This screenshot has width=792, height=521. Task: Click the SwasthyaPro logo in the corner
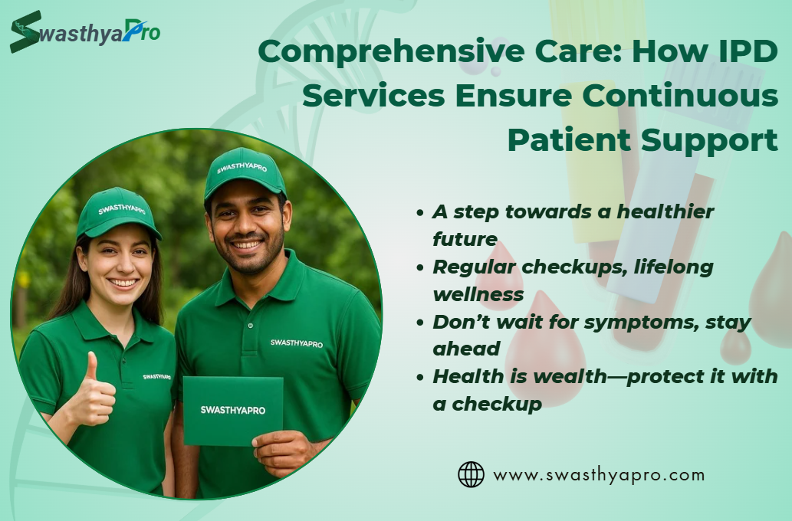click(85, 31)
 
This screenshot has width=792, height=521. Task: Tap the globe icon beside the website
click(471, 474)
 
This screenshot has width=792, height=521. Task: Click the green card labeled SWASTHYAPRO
click(233, 411)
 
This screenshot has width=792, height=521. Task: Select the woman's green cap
click(118, 212)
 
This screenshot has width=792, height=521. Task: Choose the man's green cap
click(245, 173)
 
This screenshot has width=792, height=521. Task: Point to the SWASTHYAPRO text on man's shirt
click(297, 343)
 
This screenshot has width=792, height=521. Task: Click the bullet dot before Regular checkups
click(419, 267)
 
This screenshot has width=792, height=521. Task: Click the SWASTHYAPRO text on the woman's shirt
click(156, 377)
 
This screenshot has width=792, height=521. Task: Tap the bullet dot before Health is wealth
click(419, 377)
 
